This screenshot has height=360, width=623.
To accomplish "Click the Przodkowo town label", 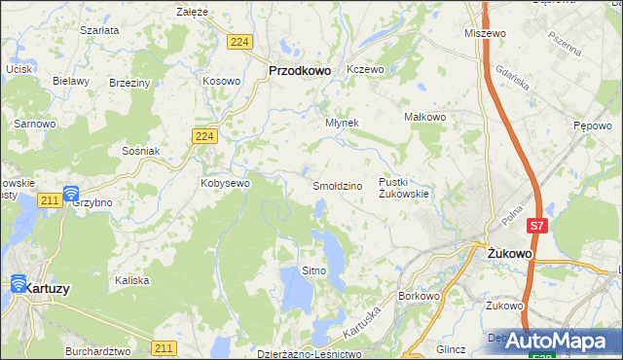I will click(300, 70).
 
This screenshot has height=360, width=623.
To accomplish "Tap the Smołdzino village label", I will click(337, 185).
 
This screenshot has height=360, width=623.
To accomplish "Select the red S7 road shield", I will click(536, 226).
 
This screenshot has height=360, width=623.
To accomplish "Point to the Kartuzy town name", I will click(48, 289).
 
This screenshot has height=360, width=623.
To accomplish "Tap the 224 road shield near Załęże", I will click(240, 41).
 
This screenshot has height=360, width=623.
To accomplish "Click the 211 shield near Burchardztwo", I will click(165, 347).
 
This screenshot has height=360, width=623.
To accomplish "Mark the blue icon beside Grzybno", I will click(70, 194).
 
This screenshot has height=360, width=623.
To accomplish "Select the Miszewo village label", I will click(487, 33).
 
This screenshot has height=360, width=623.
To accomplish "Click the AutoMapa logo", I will click(559, 341).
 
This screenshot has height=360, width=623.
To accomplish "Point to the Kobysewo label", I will click(226, 182).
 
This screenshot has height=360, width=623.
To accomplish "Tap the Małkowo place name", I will click(424, 117).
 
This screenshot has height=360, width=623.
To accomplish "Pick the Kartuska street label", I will click(359, 313).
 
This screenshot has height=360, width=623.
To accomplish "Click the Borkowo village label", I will click(421, 295).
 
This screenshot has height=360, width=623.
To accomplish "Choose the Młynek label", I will click(342, 123).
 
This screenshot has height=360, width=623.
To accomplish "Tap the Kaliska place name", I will click(131, 280).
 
